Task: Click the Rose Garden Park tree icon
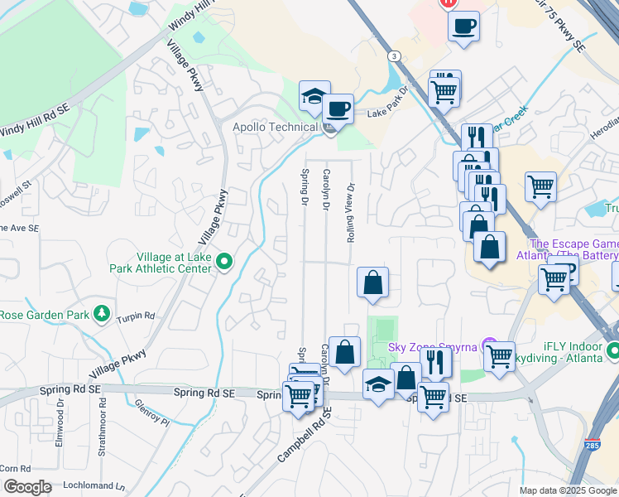102,314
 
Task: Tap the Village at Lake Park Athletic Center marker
223,263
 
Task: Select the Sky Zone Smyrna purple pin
490,344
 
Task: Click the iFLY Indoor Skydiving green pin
612,350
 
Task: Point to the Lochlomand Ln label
96,487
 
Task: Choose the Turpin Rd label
137,316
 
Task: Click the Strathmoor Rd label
102,422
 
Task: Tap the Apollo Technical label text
275,127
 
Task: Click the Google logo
26,487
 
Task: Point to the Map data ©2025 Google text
567,490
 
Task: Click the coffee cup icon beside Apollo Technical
338,108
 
